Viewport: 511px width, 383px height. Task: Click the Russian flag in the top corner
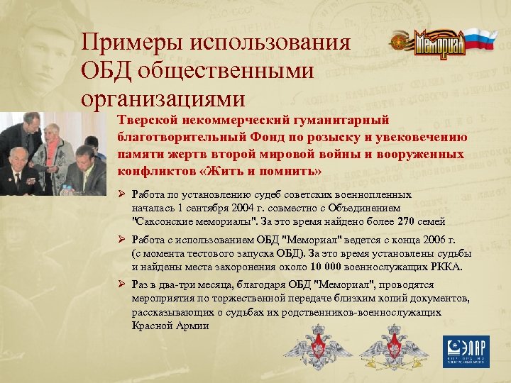tap(483, 40)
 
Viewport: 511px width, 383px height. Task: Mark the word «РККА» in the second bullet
tap(446, 267)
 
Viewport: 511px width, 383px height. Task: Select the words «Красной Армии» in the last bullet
tap(170, 325)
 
